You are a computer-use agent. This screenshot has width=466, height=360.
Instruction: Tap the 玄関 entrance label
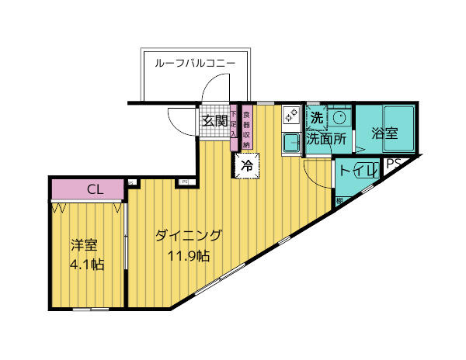pyautogui.click(x=215, y=120)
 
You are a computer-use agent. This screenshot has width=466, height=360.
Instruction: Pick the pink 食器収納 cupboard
pyautogui.click(x=246, y=126)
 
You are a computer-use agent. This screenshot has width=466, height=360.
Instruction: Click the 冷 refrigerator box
pyautogui.click(x=247, y=165)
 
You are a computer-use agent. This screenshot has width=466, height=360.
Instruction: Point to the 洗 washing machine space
pyautogui.click(x=316, y=119)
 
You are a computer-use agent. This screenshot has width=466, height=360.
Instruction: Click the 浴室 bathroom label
pyautogui.click(x=384, y=133)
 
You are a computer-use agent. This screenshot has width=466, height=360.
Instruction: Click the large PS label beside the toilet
pyautogui.click(x=393, y=164)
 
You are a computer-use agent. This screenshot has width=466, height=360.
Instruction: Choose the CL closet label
pyautogui.click(x=95, y=189)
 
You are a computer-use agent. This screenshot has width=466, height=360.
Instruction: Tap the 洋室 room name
pyautogui.click(x=84, y=245)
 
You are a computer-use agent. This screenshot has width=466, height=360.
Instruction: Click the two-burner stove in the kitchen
pyautogui.click(x=290, y=116)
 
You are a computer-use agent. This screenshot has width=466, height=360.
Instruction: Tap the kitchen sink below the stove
pyautogui.click(x=290, y=143)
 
